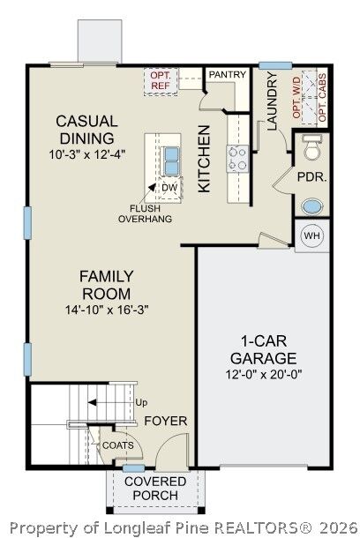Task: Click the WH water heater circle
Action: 312,235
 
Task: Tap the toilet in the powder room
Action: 312,147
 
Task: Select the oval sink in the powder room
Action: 312,207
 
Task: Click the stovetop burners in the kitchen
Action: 237,160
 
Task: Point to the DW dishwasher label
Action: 170,188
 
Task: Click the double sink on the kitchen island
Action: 170,161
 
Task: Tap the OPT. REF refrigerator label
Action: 161,80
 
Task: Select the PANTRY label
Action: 228,74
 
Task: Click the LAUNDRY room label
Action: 272,101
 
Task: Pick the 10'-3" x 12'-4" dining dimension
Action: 87,154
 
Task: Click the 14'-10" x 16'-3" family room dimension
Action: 107,310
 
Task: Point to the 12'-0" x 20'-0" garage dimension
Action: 264,374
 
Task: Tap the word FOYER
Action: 166,421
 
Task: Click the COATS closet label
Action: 118,445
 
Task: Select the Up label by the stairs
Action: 141,402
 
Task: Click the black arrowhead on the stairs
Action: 93,402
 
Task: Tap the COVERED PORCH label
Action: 155,489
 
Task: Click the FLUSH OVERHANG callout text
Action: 146,213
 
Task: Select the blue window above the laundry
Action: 275,65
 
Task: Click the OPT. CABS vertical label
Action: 322,97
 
